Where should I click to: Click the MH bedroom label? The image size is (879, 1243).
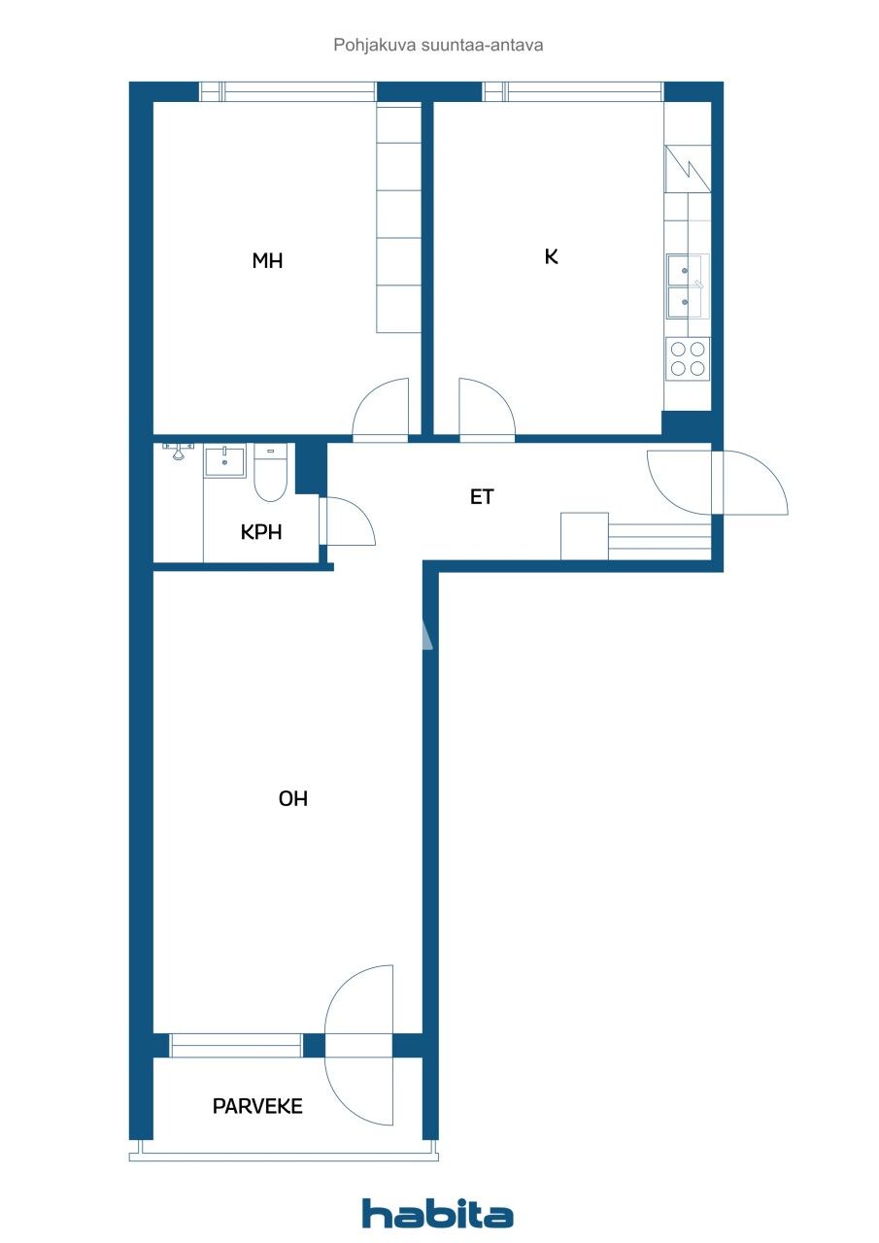(x=267, y=260)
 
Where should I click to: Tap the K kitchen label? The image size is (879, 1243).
(x=552, y=256)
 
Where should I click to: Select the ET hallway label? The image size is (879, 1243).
(x=482, y=497)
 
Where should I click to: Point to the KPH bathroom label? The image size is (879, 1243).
(x=261, y=532)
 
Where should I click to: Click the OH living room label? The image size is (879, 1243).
(x=292, y=799)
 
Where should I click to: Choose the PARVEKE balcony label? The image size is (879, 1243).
(x=257, y=1106)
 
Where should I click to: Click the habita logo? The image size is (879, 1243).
(x=438, y=1214)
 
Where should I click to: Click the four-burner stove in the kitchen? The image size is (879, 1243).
(x=688, y=358)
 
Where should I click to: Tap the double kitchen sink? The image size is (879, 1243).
(x=687, y=286)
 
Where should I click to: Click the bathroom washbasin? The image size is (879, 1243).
(x=225, y=461)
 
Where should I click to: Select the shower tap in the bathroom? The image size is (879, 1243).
(x=178, y=450)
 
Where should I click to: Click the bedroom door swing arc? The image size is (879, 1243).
(x=379, y=408)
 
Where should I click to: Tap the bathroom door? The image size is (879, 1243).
(x=348, y=521)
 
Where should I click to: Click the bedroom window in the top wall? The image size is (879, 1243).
(x=288, y=91)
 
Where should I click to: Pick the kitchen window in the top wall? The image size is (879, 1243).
(x=573, y=91)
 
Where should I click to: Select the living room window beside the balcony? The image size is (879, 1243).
(x=236, y=1046)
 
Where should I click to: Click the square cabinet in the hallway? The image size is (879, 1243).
(x=585, y=536)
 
